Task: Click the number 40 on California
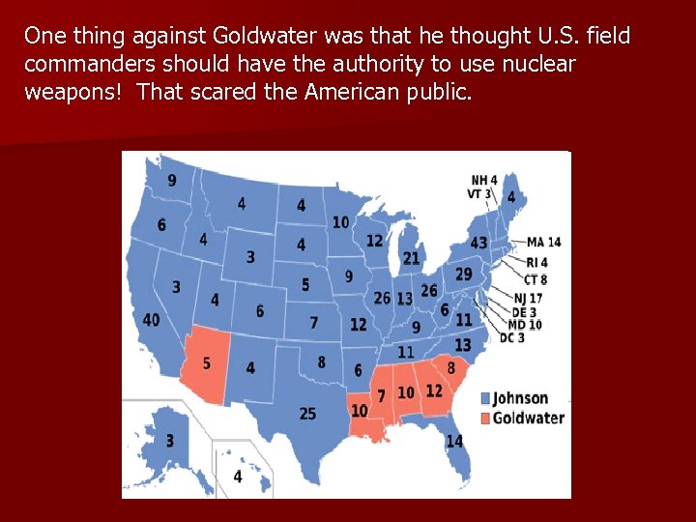[152, 320]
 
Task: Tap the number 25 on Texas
[307, 414]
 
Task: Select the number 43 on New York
[478, 243]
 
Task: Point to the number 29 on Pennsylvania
[464, 275]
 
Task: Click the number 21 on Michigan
[412, 258]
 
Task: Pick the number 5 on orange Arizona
[206, 363]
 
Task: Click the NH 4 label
[484, 180]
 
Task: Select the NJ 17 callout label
[528, 298]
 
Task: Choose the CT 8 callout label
[536, 280]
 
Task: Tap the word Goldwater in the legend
[529, 419]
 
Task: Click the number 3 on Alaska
[170, 441]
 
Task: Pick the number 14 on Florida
[454, 441]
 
